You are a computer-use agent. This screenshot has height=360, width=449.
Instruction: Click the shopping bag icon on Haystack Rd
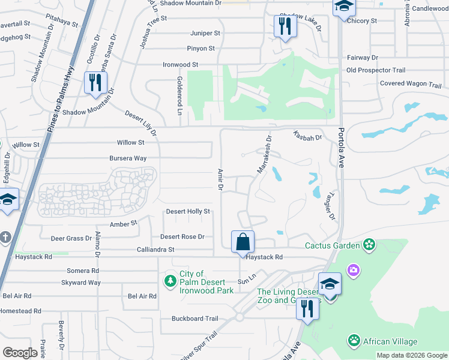pyautogui.click(x=243, y=242)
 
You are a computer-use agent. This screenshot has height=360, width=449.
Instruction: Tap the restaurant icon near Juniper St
pyautogui.click(x=283, y=26)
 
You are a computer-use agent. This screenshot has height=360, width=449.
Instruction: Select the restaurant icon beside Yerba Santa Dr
pyautogui.click(x=94, y=83)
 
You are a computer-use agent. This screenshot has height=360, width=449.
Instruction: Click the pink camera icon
pyautogui.click(x=354, y=271)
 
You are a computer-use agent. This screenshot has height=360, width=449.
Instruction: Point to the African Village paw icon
pyautogui.click(x=354, y=341)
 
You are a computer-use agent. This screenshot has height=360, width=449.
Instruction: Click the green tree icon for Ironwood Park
pyautogui.click(x=171, y=281)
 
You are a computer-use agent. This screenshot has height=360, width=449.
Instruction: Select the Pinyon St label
pyautogui.click(x=202, y=48)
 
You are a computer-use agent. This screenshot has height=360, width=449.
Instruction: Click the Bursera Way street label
pyautogui.click(x=127, y=158)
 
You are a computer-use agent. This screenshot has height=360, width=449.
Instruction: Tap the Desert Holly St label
pyautogui.click(x=188, y=211)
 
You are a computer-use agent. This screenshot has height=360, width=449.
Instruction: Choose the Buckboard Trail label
pyautogui.click(x=194, y=319)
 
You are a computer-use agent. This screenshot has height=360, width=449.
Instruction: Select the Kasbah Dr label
pyautogui.click(x=308, y=137)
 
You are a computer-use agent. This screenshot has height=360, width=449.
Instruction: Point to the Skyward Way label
pyautogui.click(x=80, y=283)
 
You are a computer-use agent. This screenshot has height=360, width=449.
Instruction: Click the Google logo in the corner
pyautogui.click(x=20, y=352)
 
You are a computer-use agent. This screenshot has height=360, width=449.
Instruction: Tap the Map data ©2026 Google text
pyautogui.click(x=412, y=355)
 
